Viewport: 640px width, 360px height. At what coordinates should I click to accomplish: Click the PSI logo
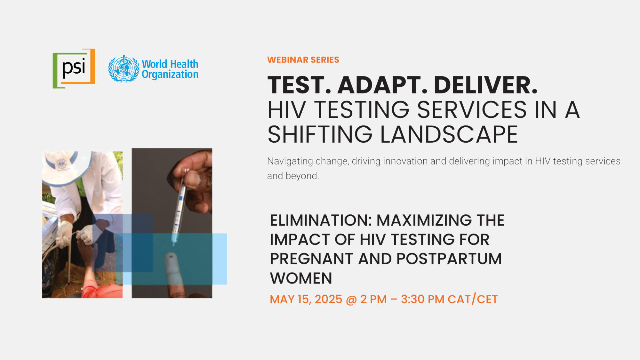pyautogui.click(x=74, y=68)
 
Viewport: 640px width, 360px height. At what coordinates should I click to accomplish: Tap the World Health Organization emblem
pyautogui.click(x=124, y=69)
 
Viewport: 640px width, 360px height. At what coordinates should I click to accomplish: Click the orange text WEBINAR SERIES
pyautogui.click(x=303, y=60)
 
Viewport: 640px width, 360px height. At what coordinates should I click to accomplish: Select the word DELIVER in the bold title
pyautogui.click(x=486, y=85)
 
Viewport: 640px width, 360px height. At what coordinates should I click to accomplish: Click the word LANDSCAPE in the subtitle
pyautogui.click(x=449, y=134)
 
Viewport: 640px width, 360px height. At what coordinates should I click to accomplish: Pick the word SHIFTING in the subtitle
pyautogui.click(x=320, y=134)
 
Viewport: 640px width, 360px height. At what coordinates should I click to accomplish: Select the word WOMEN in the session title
pyautogui.click(x=301, y=278)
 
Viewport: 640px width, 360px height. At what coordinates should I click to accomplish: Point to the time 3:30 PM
pyautogui.click(x=423, y=300)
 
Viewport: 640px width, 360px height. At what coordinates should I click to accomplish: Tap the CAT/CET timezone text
pyautogui.click(x=473, y=300)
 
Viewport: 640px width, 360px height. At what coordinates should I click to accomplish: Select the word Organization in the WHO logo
pyautogui.click(x=170, y=75)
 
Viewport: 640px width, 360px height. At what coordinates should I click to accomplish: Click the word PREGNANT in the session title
pyautogui.click(x=311, y=259)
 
